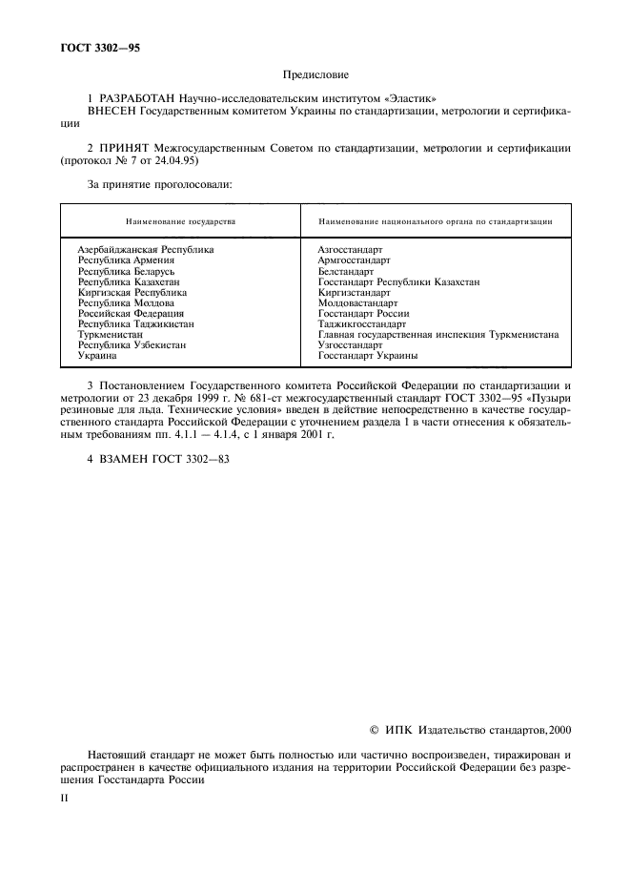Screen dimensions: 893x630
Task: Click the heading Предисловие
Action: click(315, 73)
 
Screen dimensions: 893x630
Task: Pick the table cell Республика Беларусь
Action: click(126, 271)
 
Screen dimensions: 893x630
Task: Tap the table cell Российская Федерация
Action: click(131, 313)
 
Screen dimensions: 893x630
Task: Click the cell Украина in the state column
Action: click(96, 356)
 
